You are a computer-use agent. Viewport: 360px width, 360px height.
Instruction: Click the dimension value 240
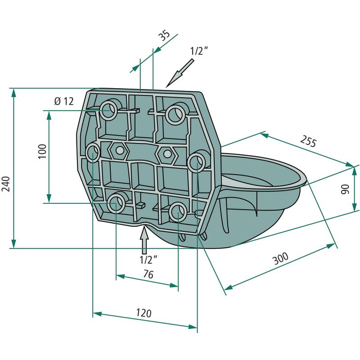pos(6,183)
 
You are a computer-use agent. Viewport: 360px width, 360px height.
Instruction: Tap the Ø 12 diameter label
pos(63,101)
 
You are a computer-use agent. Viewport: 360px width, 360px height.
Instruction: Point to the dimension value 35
pos(164,36)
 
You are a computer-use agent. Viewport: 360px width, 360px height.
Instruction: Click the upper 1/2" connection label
pos(199,51)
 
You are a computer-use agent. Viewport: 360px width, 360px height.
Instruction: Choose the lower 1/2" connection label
pos(148,260)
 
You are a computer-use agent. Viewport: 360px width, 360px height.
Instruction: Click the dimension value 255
pos(308,142)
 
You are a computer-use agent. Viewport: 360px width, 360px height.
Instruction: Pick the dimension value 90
pos(346,189)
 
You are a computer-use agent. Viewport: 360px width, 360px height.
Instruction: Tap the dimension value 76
pos(148,274)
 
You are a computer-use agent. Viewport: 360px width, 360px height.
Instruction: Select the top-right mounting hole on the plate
pos(175,114)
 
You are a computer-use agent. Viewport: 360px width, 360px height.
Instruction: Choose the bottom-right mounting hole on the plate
pos(178,211)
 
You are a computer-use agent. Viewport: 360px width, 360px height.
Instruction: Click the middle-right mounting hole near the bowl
pos(197,162)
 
